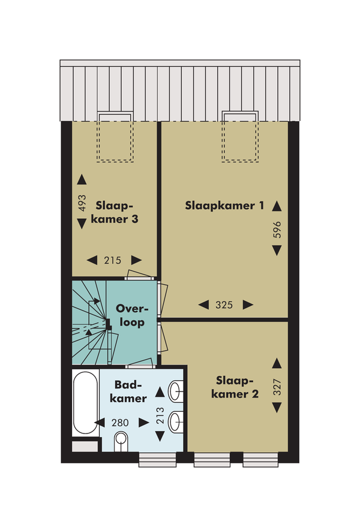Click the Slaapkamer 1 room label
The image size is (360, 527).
click(225, 206)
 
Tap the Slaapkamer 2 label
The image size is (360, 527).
click(235, 387)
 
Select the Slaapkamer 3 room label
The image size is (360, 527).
click(115, 212)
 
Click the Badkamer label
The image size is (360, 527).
click(128, 392)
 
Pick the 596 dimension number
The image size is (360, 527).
click(277, 230)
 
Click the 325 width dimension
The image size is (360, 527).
click(224, 305)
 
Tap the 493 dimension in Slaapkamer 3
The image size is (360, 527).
click(82, 203)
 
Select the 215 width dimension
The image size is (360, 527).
click(112, 260)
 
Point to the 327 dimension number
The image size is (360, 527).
click(277, 387)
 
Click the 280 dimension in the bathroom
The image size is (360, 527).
click(120, 423)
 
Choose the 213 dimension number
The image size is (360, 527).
click(160, 415)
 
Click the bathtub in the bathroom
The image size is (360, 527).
click(86, 403)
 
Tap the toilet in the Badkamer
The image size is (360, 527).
click(121, 442)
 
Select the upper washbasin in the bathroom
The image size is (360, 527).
click(176, 392)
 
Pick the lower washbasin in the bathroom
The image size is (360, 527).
click(176, 422)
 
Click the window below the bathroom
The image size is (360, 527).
click(157, 459)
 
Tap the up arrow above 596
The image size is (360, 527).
click(277, 206)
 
